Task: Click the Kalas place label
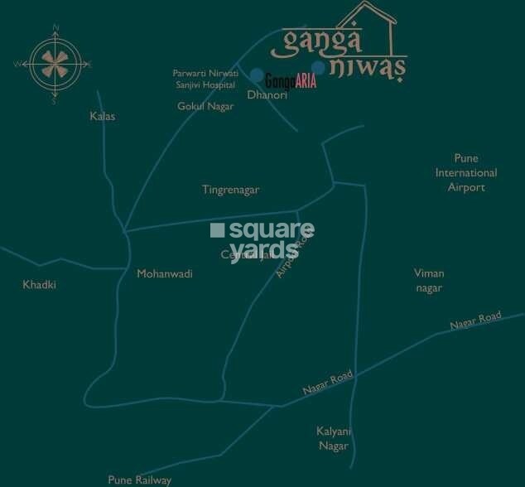(x=103, y=117)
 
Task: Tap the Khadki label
(x=40, y=285)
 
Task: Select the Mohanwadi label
(x=164, y=273)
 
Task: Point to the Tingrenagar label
(x=230, y=190)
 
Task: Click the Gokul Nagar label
(x=205, y=106)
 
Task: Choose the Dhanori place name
(x=267, y=95)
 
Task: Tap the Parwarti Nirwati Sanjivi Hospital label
(x=204, y=79)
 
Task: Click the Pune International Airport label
(x=466, y=172)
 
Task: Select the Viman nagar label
(x=429, y=280)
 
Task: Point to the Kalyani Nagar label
(x=334, y=438)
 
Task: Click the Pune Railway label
(x=140, y=480)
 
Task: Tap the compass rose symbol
(x=55, y=64)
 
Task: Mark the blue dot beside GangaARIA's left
(x=258, y=76)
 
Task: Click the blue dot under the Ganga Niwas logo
(x=318, y=68)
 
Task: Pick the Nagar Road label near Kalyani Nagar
(x=328, y=382)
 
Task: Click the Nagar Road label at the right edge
(x=476, y=321)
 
